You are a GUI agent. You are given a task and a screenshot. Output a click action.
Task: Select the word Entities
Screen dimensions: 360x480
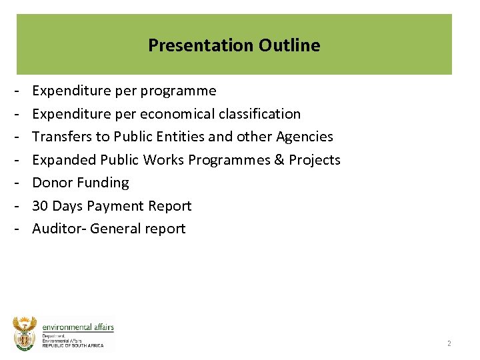click(x=182, y=137)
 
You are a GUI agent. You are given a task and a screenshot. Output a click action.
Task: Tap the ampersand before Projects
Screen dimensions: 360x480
click(x=279, y=160)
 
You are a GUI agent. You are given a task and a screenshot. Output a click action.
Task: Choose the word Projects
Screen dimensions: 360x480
click(x=315, y=160)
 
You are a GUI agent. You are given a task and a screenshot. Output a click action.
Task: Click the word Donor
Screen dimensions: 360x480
click(x=51, y=183)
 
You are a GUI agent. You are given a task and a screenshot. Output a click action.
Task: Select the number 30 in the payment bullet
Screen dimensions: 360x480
click(x=40, y=206)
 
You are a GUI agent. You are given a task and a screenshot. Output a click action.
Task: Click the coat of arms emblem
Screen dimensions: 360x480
click(x=25, y=333)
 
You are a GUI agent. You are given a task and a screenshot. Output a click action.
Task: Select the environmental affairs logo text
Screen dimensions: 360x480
click(x=78, y=327)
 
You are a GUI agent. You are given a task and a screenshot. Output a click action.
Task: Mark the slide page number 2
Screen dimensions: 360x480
click(x=449, y=343)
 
